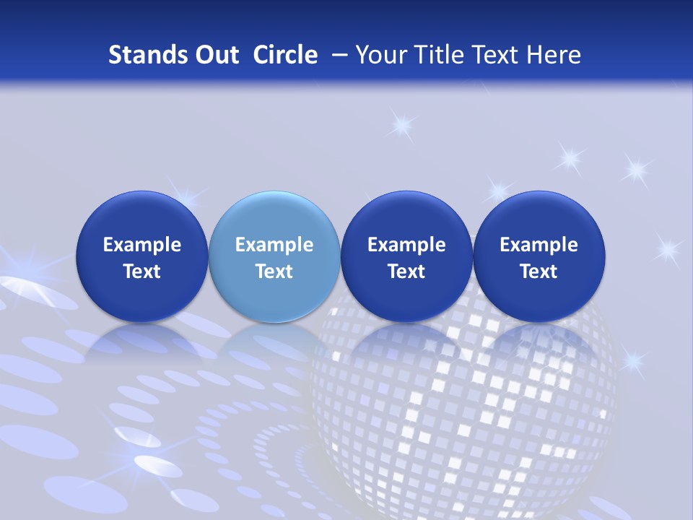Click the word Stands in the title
tap(143, 55)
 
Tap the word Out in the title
tap(215, 55)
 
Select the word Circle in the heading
tap(285, 55)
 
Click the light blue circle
tap(274, 256)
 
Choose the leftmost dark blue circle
tap(142, 256)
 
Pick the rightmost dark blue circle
tap(539, 256)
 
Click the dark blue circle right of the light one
tap(406, 256)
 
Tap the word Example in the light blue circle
tap(274, 246)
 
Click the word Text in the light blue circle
tap(274, 272)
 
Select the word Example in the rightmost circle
tap(539, 246)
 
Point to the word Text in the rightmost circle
tap(539, 272)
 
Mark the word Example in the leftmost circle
tap(142, 246)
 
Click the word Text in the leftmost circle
tap(142, 272)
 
